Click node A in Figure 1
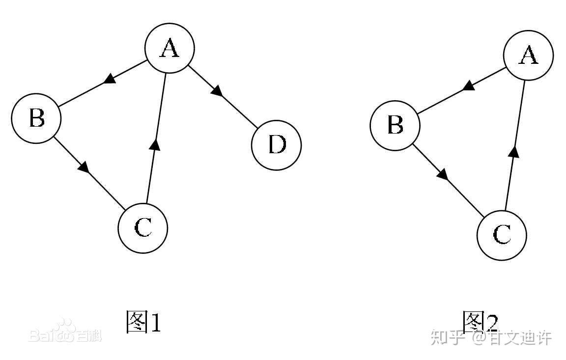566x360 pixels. [170, 48]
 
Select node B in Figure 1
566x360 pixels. [36, 118]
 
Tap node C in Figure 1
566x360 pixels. [143, 228]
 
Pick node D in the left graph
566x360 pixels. [277, 145]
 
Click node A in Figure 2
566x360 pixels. [529, 55]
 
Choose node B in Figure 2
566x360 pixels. [395, 125]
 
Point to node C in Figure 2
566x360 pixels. [502, 235]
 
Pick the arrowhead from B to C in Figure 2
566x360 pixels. [443, 174]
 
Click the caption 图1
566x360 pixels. [143, 322]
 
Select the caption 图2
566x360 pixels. [480, 321]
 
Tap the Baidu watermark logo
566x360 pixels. [65, 332]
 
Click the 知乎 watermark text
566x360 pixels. [448, 337]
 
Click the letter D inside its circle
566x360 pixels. [277, 145]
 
